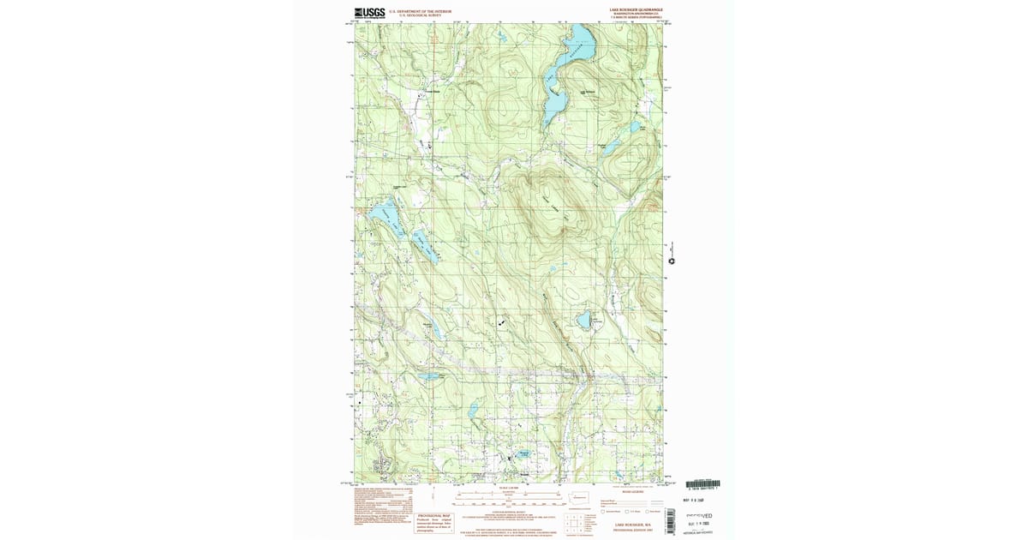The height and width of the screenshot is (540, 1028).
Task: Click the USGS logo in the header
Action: [x=369, y=12]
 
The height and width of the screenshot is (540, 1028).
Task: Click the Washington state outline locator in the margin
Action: [x=580, y=497]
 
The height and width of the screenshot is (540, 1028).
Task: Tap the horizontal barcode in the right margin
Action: [x=703, y=485]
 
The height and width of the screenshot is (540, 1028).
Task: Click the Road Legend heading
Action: [x=631, y=492]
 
